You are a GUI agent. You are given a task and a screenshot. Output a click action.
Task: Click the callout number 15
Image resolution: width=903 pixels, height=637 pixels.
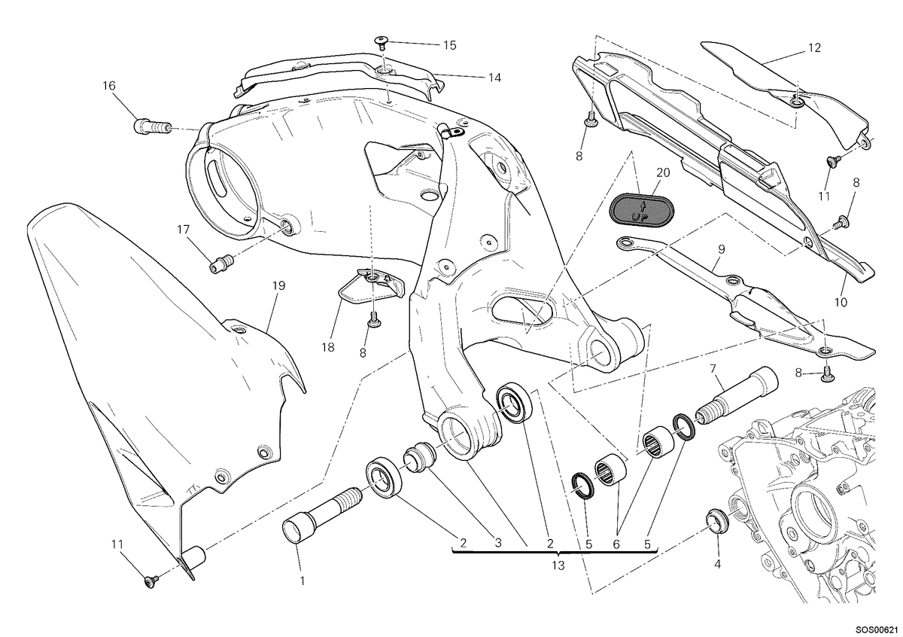coord(450,46)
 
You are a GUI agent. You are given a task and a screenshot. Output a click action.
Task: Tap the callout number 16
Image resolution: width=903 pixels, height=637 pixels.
coord(109,86)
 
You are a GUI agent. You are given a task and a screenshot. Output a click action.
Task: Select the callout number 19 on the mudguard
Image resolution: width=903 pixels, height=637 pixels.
coord(278,285)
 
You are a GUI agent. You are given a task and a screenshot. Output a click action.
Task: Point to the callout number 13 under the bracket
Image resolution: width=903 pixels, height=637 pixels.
coord(558,565)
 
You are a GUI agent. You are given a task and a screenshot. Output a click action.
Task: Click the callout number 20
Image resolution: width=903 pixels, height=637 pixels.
coord(663,172)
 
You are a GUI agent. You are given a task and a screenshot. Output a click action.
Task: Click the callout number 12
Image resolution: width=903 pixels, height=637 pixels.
coord(814,48)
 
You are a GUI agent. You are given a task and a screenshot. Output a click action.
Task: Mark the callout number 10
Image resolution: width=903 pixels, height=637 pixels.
coord(841,302)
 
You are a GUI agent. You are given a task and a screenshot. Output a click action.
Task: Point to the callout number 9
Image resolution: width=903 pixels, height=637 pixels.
coord(721,249)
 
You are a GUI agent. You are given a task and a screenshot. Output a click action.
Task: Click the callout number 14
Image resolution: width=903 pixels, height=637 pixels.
coord(494,78)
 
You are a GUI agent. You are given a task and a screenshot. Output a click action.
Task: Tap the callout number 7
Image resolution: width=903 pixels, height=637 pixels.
coord(713,368)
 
